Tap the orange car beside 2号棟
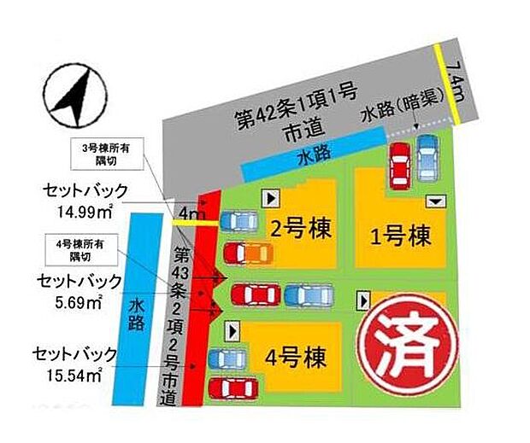(x=248, y=253)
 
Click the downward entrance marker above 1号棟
(x=436, y=201)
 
